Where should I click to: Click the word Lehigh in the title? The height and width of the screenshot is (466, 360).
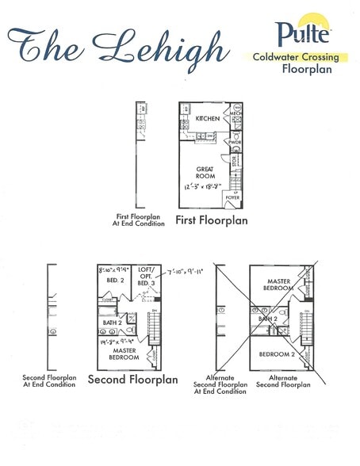point(167,45)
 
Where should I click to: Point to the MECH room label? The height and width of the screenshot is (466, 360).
point(235,114)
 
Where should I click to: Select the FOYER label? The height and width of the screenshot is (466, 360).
point(233,197)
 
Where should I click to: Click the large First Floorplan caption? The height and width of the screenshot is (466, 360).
point(211,220)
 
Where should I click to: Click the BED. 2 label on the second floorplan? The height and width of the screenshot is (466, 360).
point(113,281)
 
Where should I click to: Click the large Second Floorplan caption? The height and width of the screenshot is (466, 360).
point(132,379)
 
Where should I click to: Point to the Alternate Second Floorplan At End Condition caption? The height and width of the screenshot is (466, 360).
point(220,384)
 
